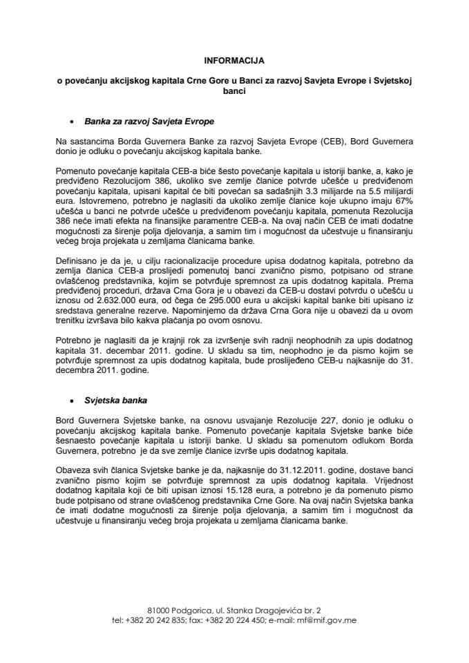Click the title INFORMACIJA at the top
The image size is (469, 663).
pos(234,60)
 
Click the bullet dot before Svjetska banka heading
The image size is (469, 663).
pos(71,401)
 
